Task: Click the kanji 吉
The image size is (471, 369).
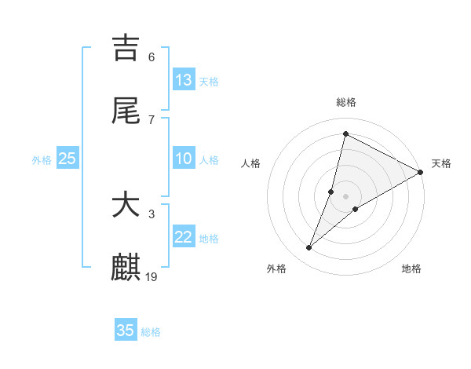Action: [126, 49]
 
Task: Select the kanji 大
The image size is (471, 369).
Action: [126, 206]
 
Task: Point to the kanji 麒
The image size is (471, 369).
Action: [126, 267]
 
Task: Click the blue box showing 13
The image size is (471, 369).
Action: [184, 80]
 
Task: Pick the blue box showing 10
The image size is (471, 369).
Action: [184, 159]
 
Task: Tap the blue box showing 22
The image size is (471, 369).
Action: [184, 237]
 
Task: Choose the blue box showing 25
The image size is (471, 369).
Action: [67, 159]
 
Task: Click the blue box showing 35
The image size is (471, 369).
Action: [126, 331]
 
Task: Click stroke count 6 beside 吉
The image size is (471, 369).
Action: [152, 57]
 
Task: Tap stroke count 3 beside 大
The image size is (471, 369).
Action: [152, 214]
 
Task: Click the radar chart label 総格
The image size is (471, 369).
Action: [346, 102]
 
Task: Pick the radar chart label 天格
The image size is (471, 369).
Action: [441, 163]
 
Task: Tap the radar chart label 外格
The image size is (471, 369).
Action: [276, 269]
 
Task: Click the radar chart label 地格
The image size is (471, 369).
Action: [411, 269]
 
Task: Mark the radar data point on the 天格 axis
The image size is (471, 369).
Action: [421, 172]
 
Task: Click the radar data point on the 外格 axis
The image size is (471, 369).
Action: [309, 248]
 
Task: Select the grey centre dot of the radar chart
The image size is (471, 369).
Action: [346, 196]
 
